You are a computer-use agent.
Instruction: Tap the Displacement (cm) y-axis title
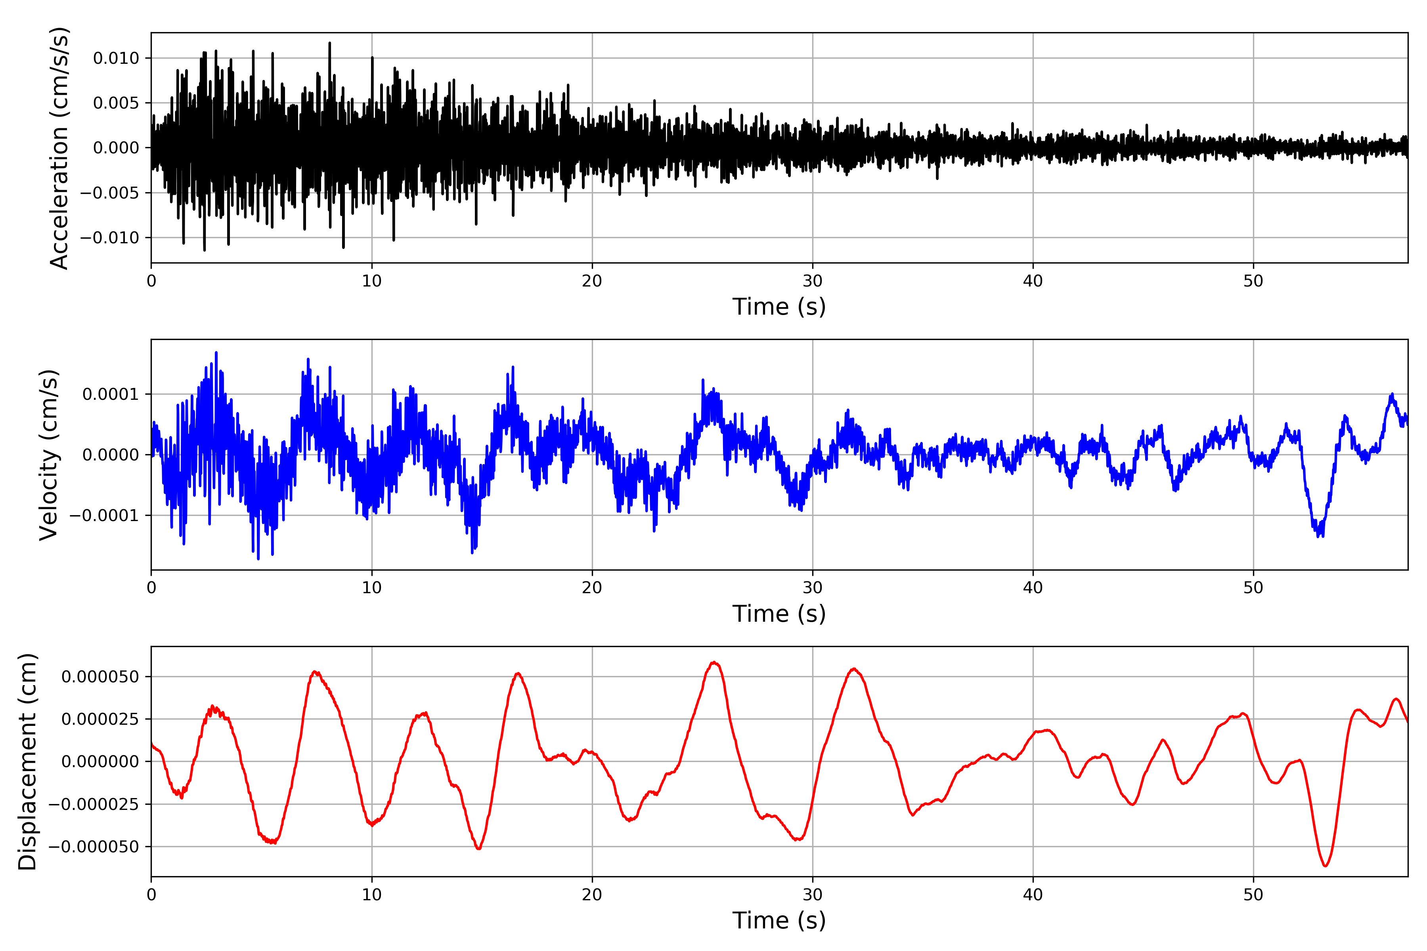click(27, 762)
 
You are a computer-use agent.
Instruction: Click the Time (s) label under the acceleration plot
click(779, 307)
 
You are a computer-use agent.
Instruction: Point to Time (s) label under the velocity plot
click(779, 614)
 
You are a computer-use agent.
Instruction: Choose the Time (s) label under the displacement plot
click(779, 920)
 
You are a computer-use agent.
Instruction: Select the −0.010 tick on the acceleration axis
click(109, 238)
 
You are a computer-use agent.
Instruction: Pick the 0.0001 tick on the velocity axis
click(111, 394)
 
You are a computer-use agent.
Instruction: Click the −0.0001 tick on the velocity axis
click(104, 516)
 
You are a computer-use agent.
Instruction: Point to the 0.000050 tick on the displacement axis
click(100, 677)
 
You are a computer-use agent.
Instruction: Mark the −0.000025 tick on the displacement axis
click(94, 804)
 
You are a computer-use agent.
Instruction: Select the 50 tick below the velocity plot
click(1253, 588)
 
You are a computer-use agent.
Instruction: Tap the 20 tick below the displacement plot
click(592, 895)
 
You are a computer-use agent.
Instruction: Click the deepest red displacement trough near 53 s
click(1325, 865)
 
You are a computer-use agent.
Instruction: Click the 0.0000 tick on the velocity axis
click(111, 455)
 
